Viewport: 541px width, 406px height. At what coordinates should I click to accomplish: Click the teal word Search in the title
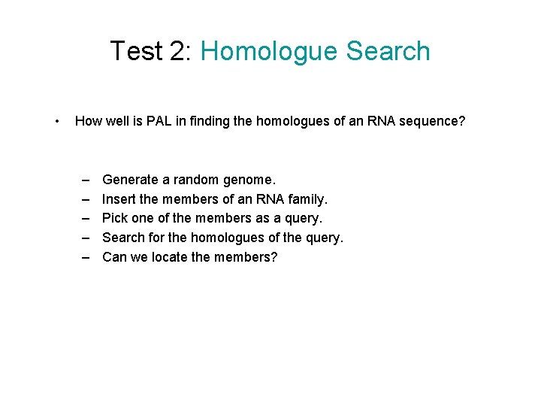(x=388, y=51)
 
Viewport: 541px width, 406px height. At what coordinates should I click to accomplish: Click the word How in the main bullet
(x=89, y=120)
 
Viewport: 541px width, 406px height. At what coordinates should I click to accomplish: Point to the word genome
(x=249, y=180)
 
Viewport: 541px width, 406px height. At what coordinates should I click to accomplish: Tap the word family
(x=308, y=199)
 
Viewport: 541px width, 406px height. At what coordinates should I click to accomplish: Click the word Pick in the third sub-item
(x=115, y=218)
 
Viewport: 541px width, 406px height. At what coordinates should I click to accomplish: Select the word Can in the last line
(x=114, y=257)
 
